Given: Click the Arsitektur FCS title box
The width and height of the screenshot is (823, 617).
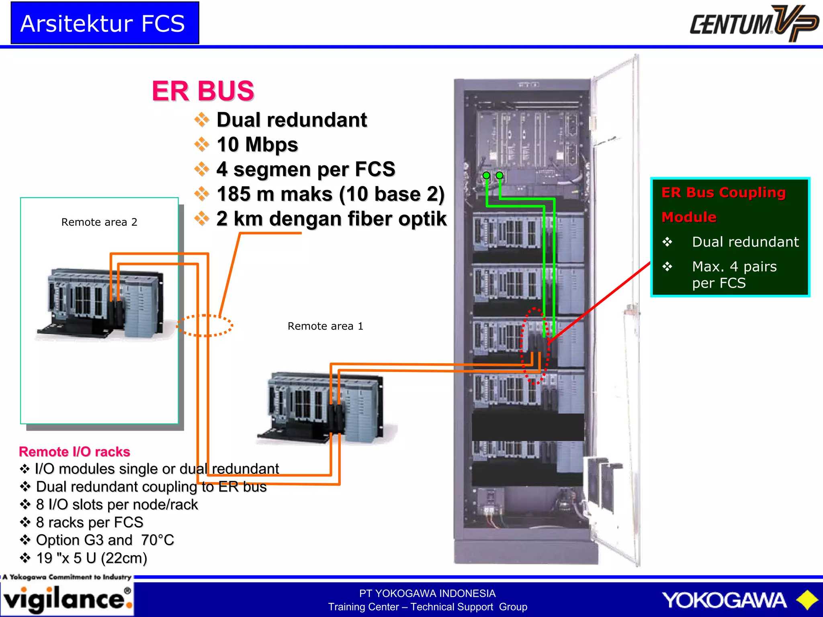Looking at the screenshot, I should (104, 23).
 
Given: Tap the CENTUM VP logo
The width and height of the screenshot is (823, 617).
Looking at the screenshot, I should (753, 23).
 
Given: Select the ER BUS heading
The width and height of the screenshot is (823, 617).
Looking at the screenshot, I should (203, 91).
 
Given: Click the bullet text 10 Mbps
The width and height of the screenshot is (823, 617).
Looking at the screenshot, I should (257, 145).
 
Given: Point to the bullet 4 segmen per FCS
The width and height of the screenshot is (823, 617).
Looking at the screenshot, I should (305, 169).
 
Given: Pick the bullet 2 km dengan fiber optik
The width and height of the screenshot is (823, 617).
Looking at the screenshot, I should (331, 219).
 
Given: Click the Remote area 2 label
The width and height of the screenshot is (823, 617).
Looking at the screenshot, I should (99, 222).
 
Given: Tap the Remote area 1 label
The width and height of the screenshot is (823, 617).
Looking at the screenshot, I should (325, 326).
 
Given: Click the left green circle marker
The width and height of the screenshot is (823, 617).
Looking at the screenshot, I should (486, 176).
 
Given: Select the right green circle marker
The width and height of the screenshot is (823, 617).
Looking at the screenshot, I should (500, 175).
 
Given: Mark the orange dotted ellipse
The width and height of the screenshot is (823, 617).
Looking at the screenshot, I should (205, 325).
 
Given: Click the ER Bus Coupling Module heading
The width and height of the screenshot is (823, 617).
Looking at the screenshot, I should (723, 204).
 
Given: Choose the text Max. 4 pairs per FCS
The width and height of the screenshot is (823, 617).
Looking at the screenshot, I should (734, 275).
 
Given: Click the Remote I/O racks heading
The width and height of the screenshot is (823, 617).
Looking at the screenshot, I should (75, 452).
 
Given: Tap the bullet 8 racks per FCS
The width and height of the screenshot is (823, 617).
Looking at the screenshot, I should (89, 522).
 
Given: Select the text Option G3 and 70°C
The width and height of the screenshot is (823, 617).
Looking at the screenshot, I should (105, 540).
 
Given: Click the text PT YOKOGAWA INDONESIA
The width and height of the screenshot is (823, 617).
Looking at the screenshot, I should (427, 593).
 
